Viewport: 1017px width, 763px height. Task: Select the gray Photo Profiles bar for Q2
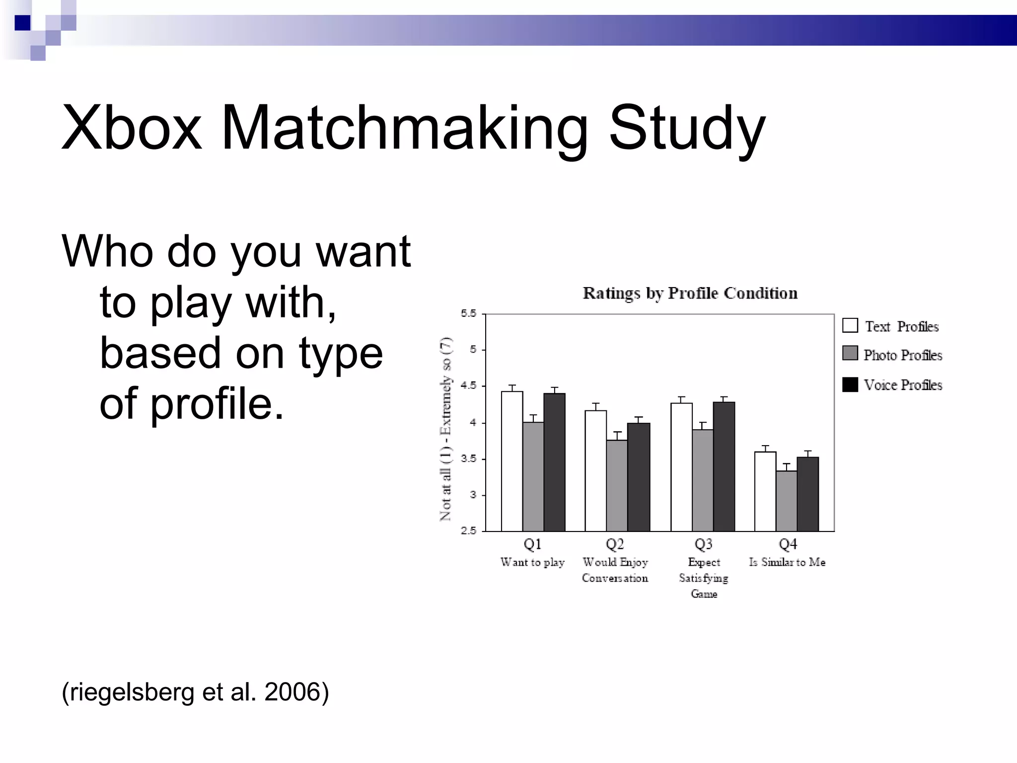(617, 485)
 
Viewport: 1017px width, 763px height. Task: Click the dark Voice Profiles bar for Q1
(554, 462)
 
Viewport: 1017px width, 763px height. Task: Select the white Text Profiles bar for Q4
(765, 491)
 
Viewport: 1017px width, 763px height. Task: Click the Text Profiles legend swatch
(850, 325)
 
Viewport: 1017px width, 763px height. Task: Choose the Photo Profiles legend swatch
(850, 354)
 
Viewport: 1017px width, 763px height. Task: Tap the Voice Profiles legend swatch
(850, 384)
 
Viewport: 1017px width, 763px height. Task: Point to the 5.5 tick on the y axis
(468, 313)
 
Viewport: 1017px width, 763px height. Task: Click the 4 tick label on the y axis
(473, 423)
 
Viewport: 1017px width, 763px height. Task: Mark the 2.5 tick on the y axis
(468, 531)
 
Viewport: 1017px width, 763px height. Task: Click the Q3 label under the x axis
(704, 544)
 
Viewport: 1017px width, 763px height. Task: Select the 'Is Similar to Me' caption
(787, 562)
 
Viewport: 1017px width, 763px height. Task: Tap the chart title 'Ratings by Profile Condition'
(690, 293)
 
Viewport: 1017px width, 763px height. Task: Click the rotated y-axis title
(446, 428)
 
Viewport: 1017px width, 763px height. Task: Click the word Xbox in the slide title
(132, 128)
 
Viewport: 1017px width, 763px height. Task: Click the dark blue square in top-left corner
(22, 22)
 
